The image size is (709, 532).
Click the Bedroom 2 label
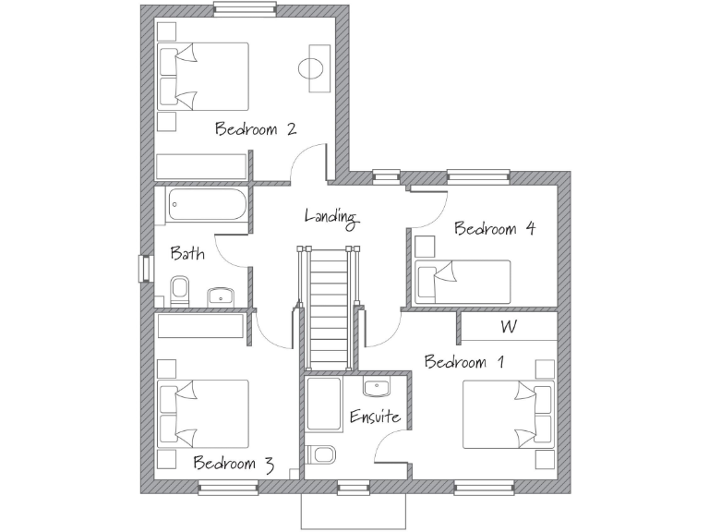[255, 128]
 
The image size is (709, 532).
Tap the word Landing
[330, 216]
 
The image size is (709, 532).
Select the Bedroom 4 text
[495, 228]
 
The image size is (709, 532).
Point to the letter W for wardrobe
[508, 326]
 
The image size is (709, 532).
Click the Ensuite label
[375, 417]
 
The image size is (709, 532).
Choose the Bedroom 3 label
[233, 463]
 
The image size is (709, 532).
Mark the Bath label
[187, 253]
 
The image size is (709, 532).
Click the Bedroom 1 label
[464, 361]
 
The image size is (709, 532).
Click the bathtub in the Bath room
[207, 205]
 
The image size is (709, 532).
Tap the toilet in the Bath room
[180, 289]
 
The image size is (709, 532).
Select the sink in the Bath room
[222, 296]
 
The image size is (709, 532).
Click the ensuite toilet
[324, 455]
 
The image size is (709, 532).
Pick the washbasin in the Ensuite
[377, 388]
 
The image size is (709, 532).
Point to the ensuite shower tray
[324, 405]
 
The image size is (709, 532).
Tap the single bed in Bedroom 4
[463, 282]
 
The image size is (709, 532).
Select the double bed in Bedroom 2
[203, 77]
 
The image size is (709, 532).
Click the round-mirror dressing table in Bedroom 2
[312, 67]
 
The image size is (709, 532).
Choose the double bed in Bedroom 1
[507, 415]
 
